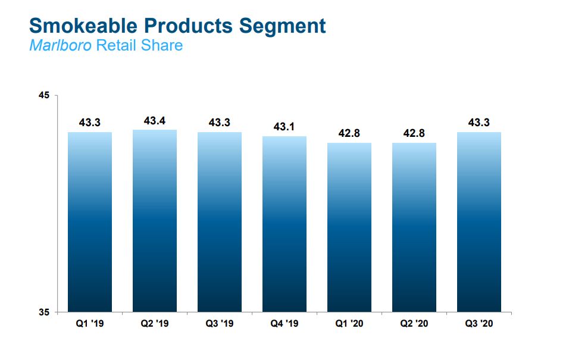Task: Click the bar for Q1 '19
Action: point(90,221)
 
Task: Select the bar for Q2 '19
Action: point(155,220)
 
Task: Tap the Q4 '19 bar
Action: point(284,224)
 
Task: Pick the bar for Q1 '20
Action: point(349,227)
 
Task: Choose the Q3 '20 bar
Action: point(479,221)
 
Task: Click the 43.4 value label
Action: point(155,121)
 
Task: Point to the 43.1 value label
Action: point(284,127)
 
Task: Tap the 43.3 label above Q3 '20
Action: point(479,123)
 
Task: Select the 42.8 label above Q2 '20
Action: point(414,133)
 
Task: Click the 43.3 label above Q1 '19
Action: point(90,123)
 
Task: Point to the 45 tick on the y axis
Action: point(45,95)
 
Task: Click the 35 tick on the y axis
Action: point(45,312)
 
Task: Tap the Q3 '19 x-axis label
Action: point(220,324)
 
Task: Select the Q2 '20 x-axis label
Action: point(414,324)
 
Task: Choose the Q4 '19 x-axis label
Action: point(284,324)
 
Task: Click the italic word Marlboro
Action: point(60,45)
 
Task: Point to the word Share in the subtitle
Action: point(161,45)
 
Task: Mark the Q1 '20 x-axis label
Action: point(349,324)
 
